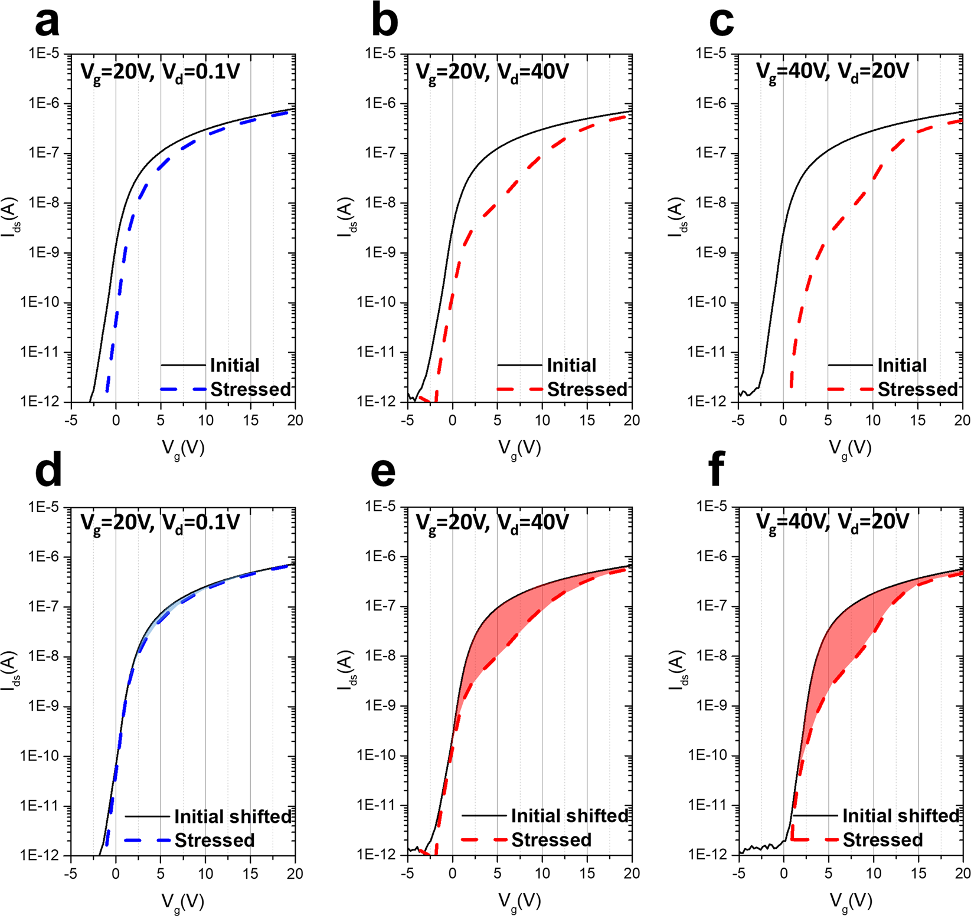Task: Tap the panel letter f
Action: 717,474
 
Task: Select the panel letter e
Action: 384,474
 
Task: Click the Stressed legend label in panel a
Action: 251,389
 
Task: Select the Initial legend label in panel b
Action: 571,365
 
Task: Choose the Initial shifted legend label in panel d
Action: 233,816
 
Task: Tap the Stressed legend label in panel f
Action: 882,840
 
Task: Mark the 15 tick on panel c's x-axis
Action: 917,421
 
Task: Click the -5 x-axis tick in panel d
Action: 71,874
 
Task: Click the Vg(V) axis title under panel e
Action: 519,900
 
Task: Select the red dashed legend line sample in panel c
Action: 850,389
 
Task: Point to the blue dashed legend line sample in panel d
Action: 148,840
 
